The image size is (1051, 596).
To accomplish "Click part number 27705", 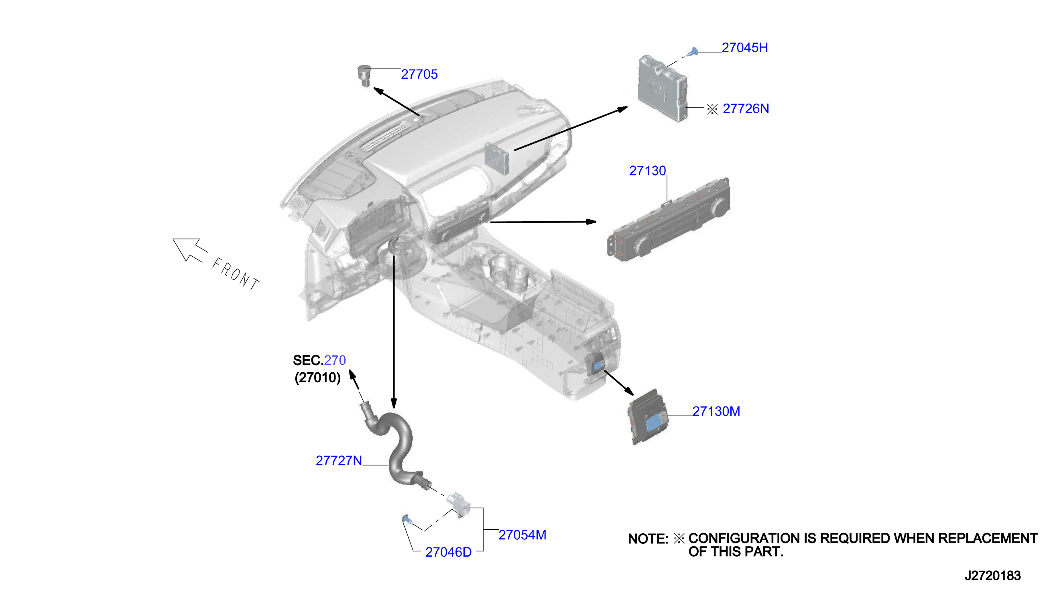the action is pos(419,75).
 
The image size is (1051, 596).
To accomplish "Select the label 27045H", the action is pos(745,48).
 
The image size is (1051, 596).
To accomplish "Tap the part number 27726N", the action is pos(746,109).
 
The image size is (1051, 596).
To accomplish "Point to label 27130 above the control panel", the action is pos(647,171).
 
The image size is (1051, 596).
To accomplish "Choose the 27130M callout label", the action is pos(716,411).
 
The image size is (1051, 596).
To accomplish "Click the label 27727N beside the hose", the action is pos(339,461).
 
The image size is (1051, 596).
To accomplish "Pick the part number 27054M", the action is pos(522,535).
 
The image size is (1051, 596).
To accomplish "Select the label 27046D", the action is pos(448,553).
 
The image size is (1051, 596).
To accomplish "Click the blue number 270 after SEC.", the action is pos(335,360).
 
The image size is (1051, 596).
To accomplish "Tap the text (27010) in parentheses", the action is pos(318,378).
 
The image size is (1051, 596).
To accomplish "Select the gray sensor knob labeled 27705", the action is pos(364,76).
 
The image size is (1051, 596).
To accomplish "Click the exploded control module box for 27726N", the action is pos(663,88).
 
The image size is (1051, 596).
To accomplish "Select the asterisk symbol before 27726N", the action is pos(712,109).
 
